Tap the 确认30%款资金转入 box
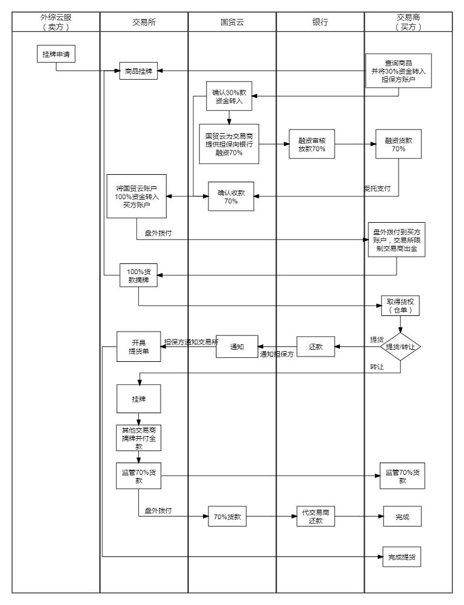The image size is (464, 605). [230, 96]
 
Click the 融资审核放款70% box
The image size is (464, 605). [312, 144]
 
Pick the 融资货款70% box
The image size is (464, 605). [399, 144]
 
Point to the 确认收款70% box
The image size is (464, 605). [231, 196]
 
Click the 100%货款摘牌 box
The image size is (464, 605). [139, 275]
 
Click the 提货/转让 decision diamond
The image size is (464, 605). [401, 347]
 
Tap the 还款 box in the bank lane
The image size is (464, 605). [316, 347]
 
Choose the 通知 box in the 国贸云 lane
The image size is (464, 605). [237, 347]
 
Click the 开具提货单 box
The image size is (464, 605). [138, 346]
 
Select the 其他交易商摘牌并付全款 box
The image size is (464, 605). [138, 437]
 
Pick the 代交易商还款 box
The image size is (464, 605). [316, 517]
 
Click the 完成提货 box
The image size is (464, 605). [401, 557]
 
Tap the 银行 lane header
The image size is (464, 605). [320, 22]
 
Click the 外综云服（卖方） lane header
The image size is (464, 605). [56, 22]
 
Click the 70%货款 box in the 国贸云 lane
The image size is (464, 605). [227, 517]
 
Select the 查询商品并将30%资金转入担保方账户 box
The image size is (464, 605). [399, 70]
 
